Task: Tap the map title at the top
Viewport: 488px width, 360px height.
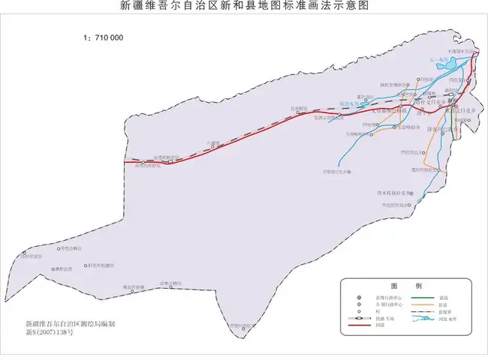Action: tap(245, 6)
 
